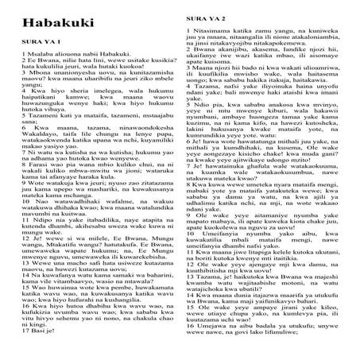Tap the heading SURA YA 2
pos(207,16)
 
